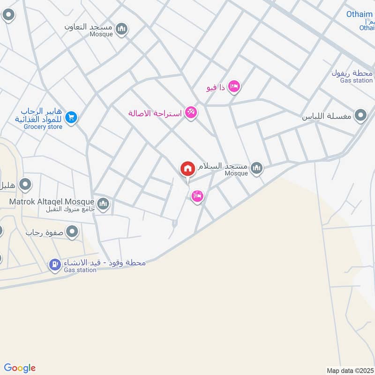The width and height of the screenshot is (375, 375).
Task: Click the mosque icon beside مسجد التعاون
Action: click(122, 29)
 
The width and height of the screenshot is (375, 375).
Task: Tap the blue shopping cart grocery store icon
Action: click(71, 117)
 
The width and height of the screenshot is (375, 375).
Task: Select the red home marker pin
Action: click(187, 169)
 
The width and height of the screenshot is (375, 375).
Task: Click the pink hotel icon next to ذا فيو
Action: click(233, 87)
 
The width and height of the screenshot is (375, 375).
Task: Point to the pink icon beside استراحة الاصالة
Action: click(190, 112)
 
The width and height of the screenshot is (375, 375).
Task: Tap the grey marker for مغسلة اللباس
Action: click(360, 115)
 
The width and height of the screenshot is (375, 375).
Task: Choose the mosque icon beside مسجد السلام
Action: click(256, 168)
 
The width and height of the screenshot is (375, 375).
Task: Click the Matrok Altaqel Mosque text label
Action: click(52, 202)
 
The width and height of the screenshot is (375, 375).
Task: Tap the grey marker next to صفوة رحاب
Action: click(72, 232)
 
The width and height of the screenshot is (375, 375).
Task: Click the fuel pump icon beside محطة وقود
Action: click(55, 265)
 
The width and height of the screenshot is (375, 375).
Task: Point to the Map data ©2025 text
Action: click(349, 370)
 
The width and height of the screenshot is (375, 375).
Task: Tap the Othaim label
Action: click(360, 14)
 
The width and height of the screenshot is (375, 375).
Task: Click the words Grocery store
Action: click(43, 127)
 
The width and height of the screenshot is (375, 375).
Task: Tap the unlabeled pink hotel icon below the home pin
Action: click(197, 196)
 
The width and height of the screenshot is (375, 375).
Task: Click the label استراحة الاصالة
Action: click(156, 113)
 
